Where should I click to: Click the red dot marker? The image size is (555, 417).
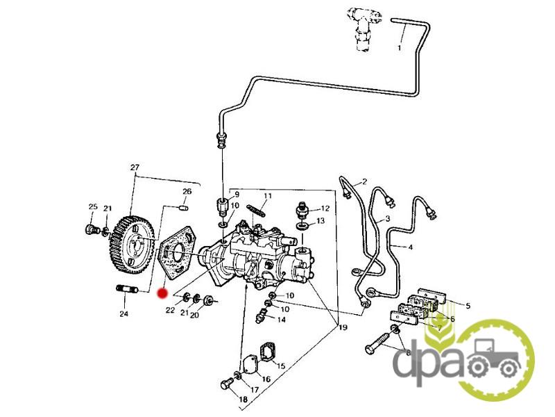click(x=162, y=293)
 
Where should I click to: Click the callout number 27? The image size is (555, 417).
click(x=135, y=167)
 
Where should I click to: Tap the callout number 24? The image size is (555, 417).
click(x=123, y=314)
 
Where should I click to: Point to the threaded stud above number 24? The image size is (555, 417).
click(x=127, y=289)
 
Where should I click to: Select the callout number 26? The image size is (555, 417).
click(x=187, y=192)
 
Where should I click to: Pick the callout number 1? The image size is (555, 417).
click(x=400, y=47)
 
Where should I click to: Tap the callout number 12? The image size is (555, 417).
click(x=325, y=208)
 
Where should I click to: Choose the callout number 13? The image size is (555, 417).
click(x=321, y=221)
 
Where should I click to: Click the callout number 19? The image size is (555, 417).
click(x=343, y=327)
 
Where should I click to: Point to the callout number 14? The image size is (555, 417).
click(x=281, y=320)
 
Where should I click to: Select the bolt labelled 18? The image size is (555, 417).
click(x=227, y=384)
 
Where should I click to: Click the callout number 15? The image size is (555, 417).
click(x=281, y=366)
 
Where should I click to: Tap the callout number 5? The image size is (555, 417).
click(x=468, y=306)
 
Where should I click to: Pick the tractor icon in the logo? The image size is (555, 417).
click(x=493, y=357)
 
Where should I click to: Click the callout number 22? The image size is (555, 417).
click(x=170, y=310)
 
